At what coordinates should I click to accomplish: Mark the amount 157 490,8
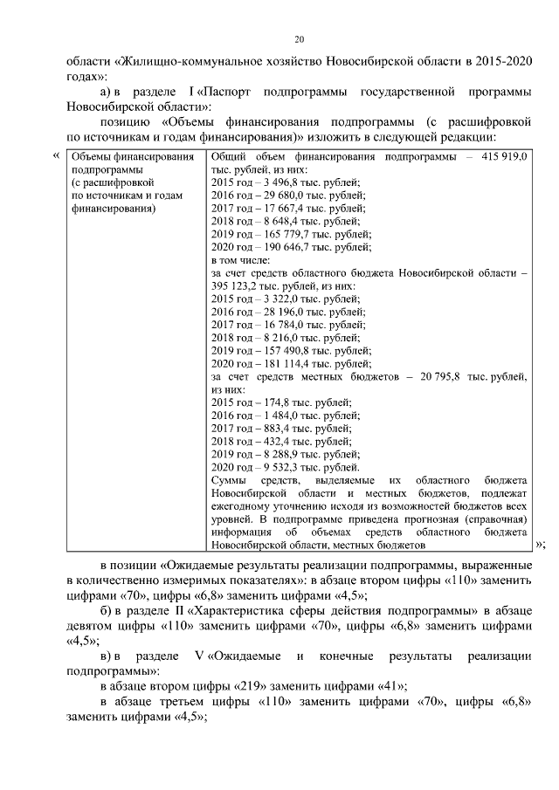[x=280, y=351]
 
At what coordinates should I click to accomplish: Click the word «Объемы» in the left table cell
[x=93, y=156]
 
